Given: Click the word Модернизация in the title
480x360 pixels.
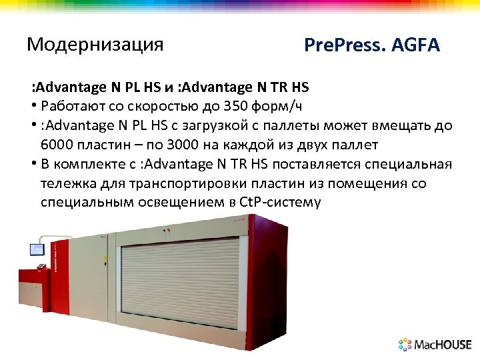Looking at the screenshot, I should coord(95,45).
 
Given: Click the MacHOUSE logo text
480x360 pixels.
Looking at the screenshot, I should coord(443,345).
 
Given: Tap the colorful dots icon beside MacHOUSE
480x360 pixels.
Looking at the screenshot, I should coord(405,345).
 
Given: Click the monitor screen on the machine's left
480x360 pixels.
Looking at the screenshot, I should coord(35,250).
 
